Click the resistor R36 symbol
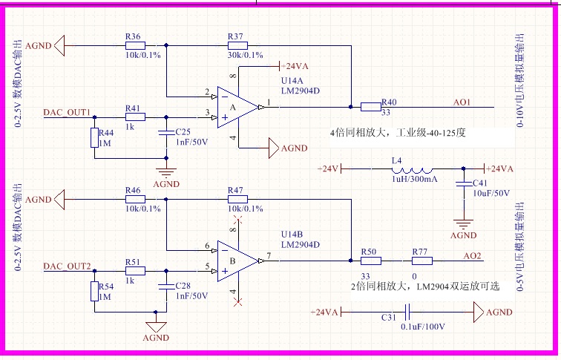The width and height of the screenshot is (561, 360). (134, 45)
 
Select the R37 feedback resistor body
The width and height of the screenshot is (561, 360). (237, 45)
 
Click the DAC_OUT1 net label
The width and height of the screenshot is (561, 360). (67, 112)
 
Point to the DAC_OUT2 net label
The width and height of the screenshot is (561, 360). (67, 266)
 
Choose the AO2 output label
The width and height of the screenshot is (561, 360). (472, 256)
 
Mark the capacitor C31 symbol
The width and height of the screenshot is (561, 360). (407, 312)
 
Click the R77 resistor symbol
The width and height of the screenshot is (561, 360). (421, 261)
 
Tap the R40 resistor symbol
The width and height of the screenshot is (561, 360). (370, 107)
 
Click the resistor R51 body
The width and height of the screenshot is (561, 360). (134, 271)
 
